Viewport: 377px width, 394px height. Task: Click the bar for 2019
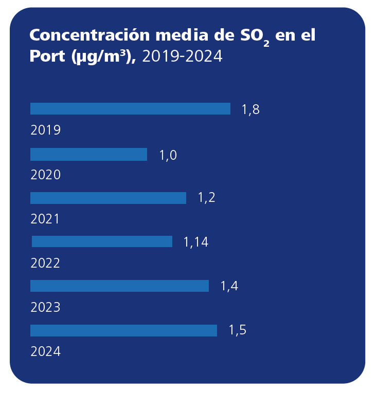coord(130,109)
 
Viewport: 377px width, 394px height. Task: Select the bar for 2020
coord(88,155)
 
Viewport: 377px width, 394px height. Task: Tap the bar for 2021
coord(108,198)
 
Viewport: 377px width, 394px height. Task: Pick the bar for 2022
coord(102,241)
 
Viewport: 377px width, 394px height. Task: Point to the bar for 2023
coord(119,286)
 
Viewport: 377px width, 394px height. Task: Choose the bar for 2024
coord(123,330)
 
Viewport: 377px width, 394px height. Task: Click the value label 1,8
coord(250,109)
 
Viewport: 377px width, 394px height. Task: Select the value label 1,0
coord(168,155)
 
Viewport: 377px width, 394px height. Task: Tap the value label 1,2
coord(206,198)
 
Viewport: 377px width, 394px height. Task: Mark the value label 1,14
coord(196,242)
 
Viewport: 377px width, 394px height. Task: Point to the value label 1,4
coord(229,286)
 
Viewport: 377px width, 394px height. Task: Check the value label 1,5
coord(237,330)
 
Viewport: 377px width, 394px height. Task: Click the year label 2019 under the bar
coord(46,130)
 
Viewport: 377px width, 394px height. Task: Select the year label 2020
coord(46,175)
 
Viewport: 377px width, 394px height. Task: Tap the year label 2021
coord(45,219)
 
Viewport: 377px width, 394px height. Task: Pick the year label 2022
coord(46,263)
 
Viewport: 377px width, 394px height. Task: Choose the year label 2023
coord(46,307)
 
